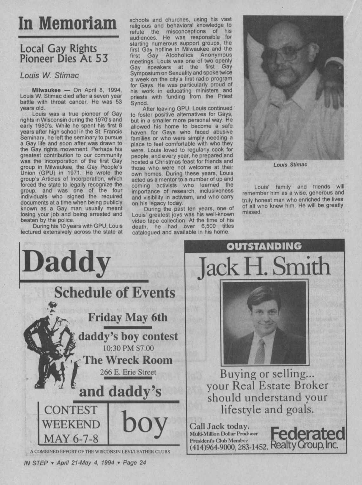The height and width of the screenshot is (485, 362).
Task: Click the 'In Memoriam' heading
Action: [68, 24]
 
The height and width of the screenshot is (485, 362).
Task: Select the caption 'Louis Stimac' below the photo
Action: [289, 165]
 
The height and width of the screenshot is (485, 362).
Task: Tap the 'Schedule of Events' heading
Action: [115, 292]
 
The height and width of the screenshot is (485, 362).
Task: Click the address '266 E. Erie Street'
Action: [128, 372]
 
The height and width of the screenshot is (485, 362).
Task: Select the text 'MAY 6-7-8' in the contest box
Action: [71, 439]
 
